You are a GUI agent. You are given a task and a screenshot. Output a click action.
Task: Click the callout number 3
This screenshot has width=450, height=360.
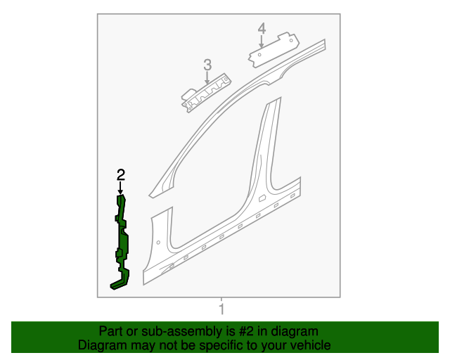point(207,65)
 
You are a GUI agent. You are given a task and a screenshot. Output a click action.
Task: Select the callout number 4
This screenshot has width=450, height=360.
point(262,28)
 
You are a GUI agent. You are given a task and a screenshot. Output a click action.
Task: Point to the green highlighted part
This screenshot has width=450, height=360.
point(123,239)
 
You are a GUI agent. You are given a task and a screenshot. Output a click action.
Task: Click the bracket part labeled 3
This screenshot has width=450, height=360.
point(205,91)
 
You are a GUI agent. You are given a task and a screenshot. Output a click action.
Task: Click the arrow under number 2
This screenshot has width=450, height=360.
point(121,188)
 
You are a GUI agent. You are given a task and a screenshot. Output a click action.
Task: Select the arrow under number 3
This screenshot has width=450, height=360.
point(207,78)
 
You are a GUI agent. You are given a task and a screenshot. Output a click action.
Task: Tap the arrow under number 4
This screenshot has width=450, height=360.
point(262,41)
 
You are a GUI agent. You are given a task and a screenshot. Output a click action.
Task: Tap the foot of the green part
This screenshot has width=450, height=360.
point(117,284)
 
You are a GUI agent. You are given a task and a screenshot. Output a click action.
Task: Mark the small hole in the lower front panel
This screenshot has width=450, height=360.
point(159,243)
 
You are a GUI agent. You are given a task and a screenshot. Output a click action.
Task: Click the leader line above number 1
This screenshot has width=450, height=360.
point(221,300)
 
